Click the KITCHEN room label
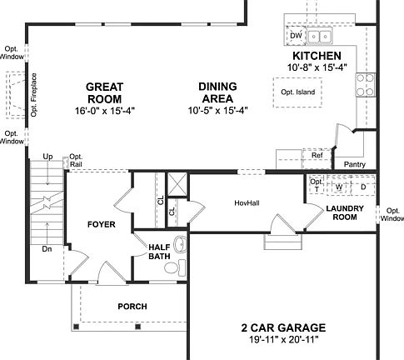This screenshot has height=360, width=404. [x=317, y=56]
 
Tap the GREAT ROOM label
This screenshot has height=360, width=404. [x=105, y=92]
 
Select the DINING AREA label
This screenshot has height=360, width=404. [x=217, y=92]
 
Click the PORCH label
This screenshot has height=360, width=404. [x=132, y=307]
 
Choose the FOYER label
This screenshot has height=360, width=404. [x=101, y=225]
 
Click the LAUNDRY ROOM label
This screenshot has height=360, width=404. [x=342, y=212]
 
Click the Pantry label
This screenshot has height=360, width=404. [x=354, y=164]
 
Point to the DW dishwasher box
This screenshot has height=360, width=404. [x=296, y=37]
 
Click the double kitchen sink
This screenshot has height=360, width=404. [x=318, y=37]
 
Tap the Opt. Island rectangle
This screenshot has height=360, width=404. [x=297, y=92]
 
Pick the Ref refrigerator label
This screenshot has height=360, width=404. [x=317, y=156]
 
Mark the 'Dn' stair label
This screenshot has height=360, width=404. [x=47, y=247]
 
